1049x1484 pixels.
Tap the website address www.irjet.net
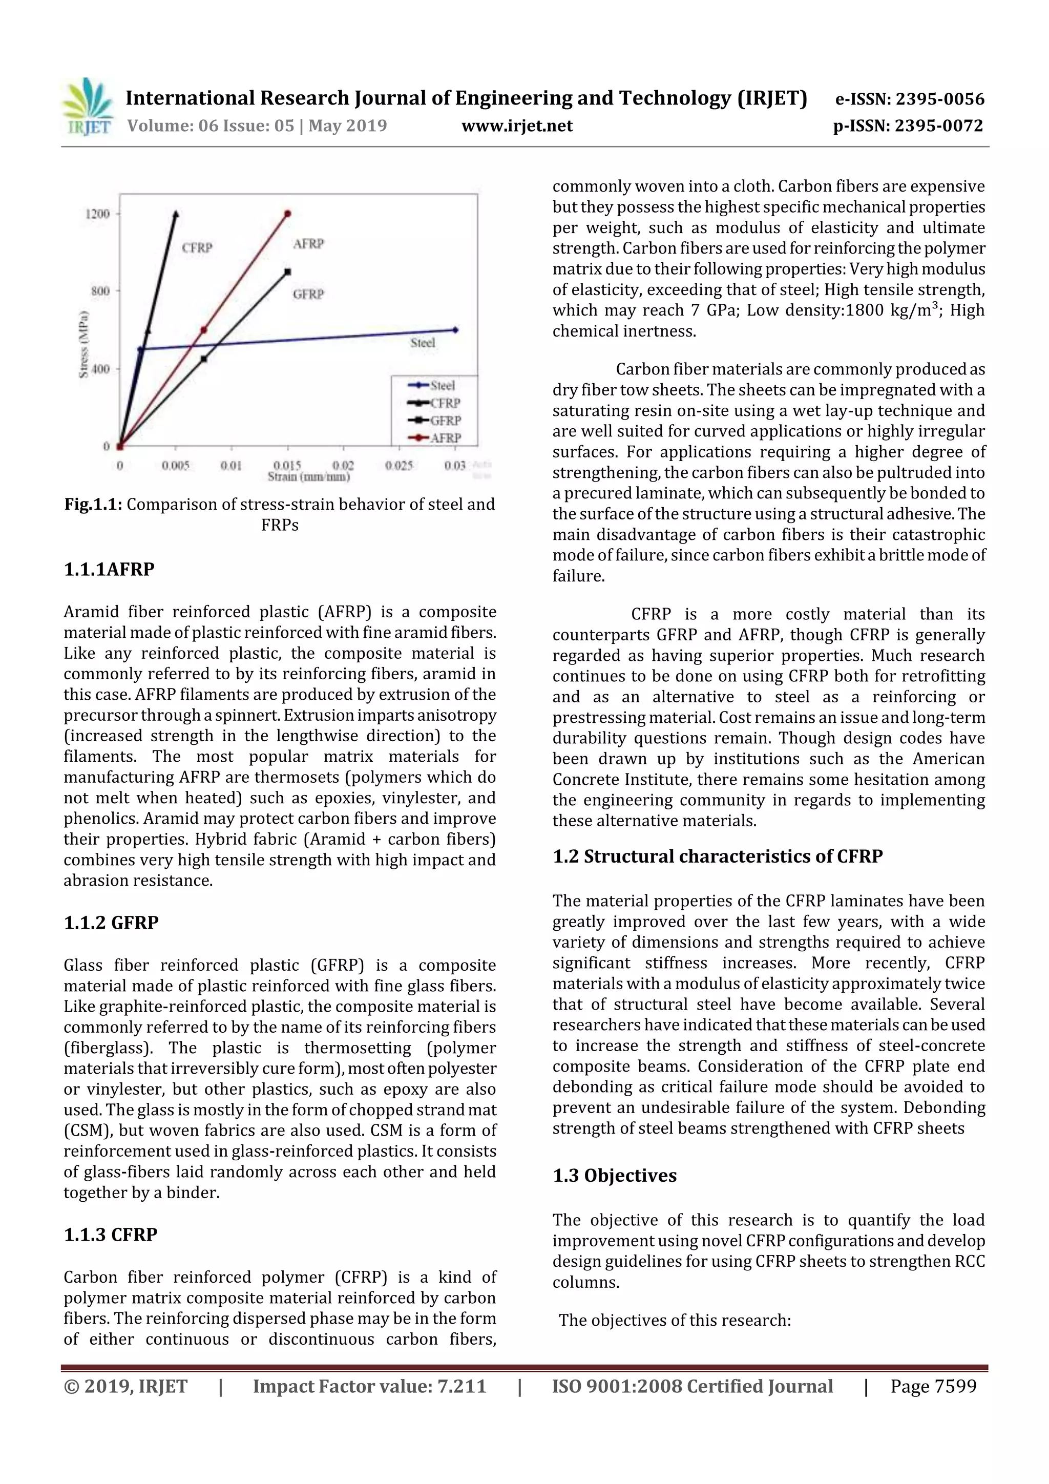point(517,126)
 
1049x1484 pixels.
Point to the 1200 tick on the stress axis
point(98,214)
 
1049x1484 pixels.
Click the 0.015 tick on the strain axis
point(287,465)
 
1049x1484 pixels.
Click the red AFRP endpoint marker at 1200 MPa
point(288,213)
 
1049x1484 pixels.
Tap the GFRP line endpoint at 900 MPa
point(288,271)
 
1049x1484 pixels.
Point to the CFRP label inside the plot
point(197,247)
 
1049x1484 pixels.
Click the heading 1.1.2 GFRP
point(111,923)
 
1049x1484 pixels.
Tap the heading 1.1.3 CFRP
point(111,1235)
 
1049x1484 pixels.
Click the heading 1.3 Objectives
point(614,1176)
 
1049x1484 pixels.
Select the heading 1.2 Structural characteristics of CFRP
point(718,856)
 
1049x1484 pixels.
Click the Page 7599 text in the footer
point(933,1386)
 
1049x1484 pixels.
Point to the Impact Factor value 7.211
point(369,1386)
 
